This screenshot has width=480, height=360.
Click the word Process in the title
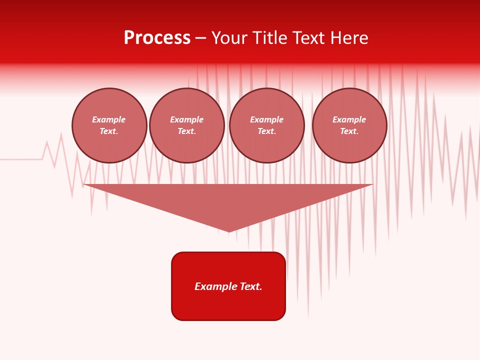pyautogui.click(x=157, y=38)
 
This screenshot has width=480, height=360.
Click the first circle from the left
pyautogui.click(x=109, y=125)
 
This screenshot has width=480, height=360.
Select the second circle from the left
pyautogui.click(x=187, y=125)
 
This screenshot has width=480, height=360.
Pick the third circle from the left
pyautogui.click(x=267, y=125)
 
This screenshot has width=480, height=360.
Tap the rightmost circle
pyautogui.click(x=349, y=125)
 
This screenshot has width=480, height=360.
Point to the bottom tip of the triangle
pyautogui.click(x=228, y=231)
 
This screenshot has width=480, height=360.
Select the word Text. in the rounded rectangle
pyautogui.click(x=251, y=286)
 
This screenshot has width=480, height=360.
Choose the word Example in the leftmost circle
pyautogui.click(x=109, y=119)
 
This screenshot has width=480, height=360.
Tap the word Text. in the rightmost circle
pyautogui.click(x=349, y=131)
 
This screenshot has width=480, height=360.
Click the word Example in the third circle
pyautogui.click(x=267, y=119)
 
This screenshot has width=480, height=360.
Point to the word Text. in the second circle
pyautogui.click(x=187, y=131)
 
